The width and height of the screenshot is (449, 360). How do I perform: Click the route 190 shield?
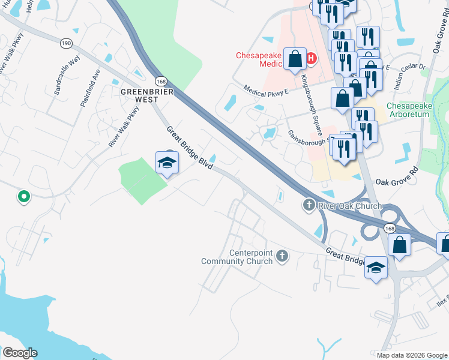point(66,43)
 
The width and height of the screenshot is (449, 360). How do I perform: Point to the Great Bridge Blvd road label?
point(190,148)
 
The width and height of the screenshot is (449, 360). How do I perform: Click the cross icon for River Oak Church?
point(309,206)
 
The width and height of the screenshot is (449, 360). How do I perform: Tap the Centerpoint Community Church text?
point(237,257)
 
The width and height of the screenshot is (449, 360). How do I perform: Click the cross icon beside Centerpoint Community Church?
point(282,257)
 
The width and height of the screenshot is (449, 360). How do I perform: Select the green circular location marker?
point(23,196)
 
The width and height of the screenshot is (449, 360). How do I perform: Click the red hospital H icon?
point(311,59)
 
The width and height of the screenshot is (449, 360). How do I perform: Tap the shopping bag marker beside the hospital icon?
point(295,59)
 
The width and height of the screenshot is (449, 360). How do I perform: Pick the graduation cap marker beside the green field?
point(167,163)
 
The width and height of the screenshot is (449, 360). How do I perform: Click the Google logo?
point(19,353)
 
